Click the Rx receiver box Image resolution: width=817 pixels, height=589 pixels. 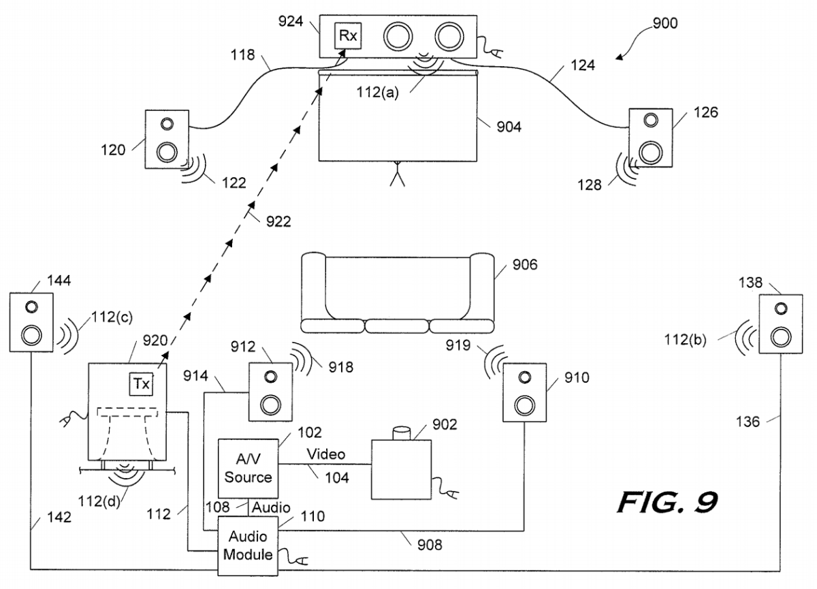(348, 35)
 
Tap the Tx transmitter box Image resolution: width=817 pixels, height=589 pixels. (141, 385)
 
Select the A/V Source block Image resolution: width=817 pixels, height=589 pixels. (248, 468)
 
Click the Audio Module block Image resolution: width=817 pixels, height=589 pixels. (248, 545)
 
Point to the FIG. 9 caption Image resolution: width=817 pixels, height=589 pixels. (667, 503)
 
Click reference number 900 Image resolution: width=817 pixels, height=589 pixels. (665, 23)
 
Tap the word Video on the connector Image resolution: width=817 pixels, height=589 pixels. (325, 454)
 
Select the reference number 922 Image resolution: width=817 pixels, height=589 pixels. (278, 221)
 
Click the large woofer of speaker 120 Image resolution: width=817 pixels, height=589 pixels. (167, 152)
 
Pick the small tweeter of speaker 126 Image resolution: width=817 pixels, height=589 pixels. (651, 120)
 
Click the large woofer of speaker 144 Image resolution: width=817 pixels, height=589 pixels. (31, 335)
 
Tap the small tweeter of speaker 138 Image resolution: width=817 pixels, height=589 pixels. (780, 309)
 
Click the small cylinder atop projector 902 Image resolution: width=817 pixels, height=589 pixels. (401, 433)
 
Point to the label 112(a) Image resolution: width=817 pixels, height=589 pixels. (377, 92)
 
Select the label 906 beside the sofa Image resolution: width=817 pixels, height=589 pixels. (525, 264)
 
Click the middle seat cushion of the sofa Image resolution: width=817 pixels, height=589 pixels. (397, 325)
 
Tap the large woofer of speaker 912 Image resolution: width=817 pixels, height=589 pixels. (271, 405)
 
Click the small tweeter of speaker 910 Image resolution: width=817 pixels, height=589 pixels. (524, 377)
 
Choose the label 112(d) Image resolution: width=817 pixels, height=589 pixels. (99, 501)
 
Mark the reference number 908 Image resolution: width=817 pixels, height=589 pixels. (430, 545)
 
